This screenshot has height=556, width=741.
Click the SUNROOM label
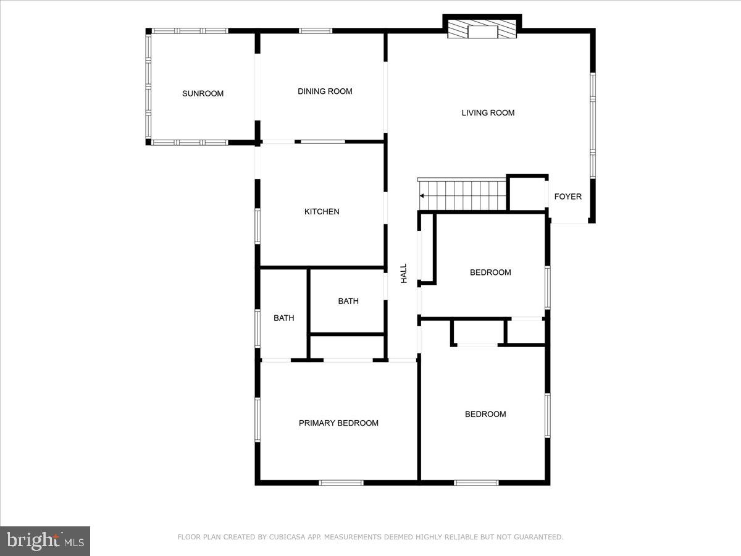coord(203,94)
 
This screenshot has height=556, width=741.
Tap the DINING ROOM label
coord(325,91)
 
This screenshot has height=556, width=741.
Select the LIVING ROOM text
coord(488,112)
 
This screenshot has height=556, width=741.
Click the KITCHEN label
coord(322,211)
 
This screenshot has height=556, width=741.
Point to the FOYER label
coord(567,196)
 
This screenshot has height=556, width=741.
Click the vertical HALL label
coord(404,274)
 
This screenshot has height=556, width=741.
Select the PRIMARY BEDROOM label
coord(338,423)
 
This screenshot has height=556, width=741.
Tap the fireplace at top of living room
coord(482,30)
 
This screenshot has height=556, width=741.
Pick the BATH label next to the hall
coord(348,301)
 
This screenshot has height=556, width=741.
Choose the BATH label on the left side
coord(284,318)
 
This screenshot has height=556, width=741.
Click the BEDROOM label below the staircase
coord(490,272)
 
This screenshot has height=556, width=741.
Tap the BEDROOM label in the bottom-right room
coord(485,415)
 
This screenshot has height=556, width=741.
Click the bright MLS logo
coord(45,541)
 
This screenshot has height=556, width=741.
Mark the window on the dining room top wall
coord(316,30)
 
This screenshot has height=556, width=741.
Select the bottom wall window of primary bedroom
coord(341,482)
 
